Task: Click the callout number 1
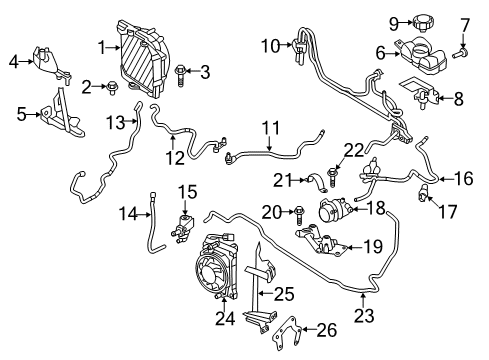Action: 101,45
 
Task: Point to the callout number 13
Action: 117,121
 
